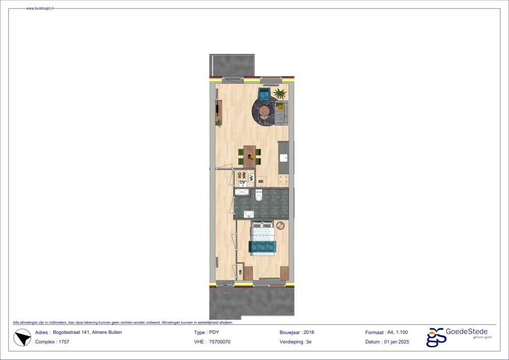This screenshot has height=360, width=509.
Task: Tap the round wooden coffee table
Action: pyautogui.click(x=264, y=110)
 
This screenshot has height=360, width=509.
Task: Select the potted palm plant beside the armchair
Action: pyautogui.click(x=279, y=93)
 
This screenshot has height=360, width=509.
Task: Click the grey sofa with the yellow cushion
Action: pyautogui.click(x=281, y=113)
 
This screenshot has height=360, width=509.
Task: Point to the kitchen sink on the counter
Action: pyautogui.click(x=284, y=157)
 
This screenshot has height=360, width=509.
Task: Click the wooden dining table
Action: pyautogui.click(x=249, y=155)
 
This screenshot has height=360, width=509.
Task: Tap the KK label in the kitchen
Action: pyautogui.click(x=261, y=181)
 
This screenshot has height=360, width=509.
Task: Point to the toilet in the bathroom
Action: pyautogui.click(x=259, y=195)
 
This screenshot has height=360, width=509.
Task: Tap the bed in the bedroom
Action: pyautogui.click(x=262, y=239)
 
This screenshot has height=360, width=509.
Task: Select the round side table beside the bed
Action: pyautogui.click(x=280, y=225)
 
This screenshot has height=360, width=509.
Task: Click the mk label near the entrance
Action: pyautogui.click(x=240, y=272)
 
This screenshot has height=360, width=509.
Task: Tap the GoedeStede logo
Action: pyautogui.click(x=457, y=337)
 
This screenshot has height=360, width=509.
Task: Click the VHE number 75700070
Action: pyautogui.click(x=220, y=342)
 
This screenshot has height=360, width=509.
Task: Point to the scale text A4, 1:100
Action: pyautogui.click(x=398, y=333)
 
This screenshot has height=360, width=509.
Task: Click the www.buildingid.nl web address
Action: pyautogui.click(x=40, y=9)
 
